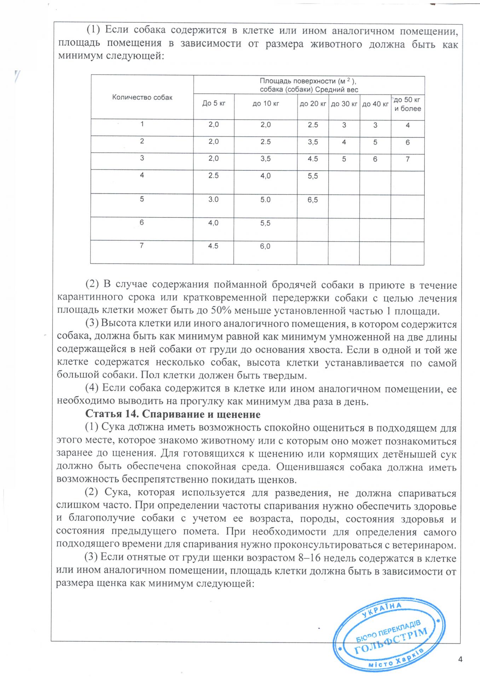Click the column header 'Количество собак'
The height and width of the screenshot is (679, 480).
pyautogui.click(x=142, y=97)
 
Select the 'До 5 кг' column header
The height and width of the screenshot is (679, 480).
pyautogui.click(x=214, y=103)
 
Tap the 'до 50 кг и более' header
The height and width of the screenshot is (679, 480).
pyautogui.click(x=407, y=104)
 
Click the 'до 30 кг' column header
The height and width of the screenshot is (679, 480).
pyautogui.click(x=344, y=104)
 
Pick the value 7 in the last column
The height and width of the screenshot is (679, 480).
pyautogui.click(x=407, y=159)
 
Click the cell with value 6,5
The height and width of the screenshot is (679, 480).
pyautogui.click(x=313, y=200)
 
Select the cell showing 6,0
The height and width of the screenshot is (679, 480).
pyautogui.click(x=265, y=246)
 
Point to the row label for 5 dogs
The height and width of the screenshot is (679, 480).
pyautogui.click(x=142, y=199)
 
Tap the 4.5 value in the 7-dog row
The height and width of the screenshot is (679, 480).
pyautogui.click(x=213, y=246)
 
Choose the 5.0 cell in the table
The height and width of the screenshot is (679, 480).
pyautogui.click(x=265, y=199)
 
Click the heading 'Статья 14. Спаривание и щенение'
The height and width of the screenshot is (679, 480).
pyautogui.click(x=173, y=414)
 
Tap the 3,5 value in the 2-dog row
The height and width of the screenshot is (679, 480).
pyautogui.click(x=313, y=142)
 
